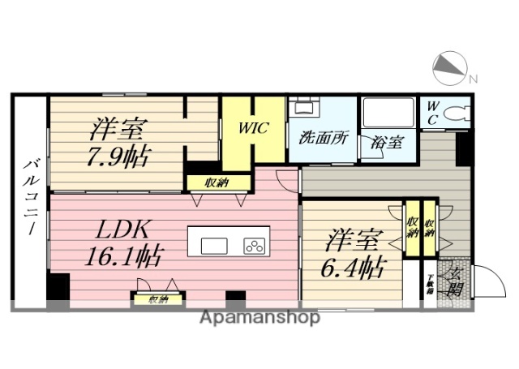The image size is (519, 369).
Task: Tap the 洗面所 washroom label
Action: (x=323, y=137)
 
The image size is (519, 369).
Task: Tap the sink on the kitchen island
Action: (x=215, y=246)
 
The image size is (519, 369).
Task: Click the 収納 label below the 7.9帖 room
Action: (x=217, y=182)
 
